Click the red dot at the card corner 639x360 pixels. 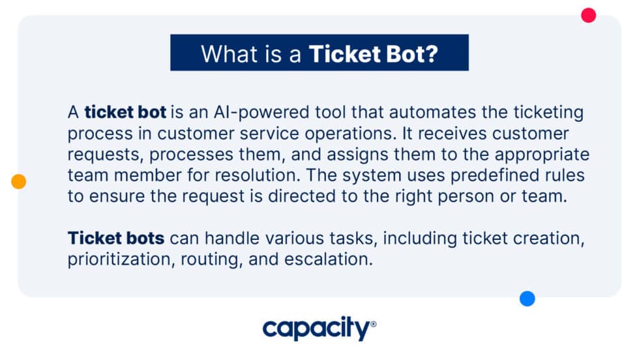pyautogui.click(x=589, y=15)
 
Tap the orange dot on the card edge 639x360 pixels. pyautogui.click(x=19, y=182)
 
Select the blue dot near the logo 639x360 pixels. pyautogui.click(x=527, y=299)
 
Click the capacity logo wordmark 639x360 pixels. pyautogui.click(x=316, y=329)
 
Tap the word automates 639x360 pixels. pyautogui.click(x=390, y=112)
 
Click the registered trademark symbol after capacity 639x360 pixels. pyautogui.click(x=373, y=323)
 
